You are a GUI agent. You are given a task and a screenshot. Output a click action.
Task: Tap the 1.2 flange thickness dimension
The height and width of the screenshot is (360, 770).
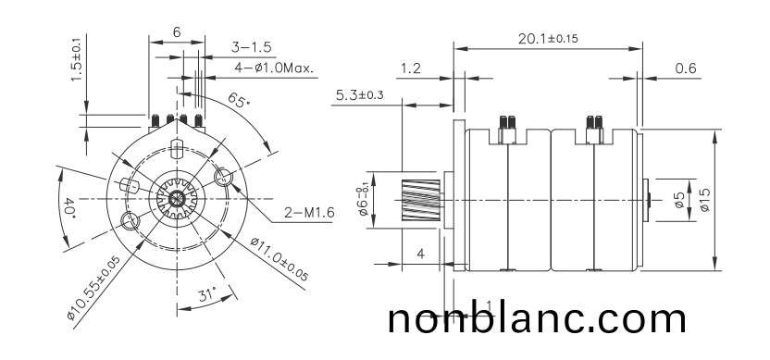click(412, 68)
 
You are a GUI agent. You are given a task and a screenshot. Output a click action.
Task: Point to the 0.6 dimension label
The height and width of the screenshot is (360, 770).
click(686, 68)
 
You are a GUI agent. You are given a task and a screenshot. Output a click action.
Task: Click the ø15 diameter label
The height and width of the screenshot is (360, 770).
click(705, 200)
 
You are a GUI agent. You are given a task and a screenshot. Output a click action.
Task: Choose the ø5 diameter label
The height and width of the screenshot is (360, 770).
click(679, 200)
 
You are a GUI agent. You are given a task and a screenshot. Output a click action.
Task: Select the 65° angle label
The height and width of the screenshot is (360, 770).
click(238, 101)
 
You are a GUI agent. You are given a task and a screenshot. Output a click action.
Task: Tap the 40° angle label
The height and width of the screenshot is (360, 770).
click(69, 207)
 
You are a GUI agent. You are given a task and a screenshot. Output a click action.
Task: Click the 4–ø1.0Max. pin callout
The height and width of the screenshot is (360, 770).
click(274, 68)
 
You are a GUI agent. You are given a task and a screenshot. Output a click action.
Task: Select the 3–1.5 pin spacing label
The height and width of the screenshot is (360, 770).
click(251, 46)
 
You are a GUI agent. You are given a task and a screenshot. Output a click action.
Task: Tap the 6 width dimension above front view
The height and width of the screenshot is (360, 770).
click(176, 31)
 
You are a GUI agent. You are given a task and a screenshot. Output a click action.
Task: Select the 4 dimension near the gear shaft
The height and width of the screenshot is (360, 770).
click(421, 253)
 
